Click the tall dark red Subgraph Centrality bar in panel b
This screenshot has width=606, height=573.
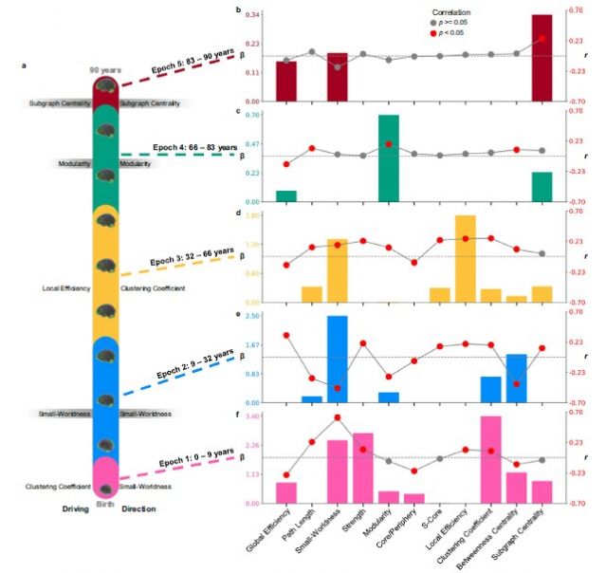tap(542, 58)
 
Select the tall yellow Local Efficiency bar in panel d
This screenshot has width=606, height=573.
tap(466, 259)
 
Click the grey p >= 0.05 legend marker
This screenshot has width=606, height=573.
tap(434, 21)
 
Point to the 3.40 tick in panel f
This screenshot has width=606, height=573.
tap(253, 416)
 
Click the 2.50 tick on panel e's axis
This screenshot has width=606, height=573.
tap(253, 316)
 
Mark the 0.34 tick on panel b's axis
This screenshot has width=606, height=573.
tap(253, 15)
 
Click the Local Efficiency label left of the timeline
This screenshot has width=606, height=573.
tap(66, 287)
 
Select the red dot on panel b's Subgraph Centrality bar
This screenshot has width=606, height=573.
tap(542, 38)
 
